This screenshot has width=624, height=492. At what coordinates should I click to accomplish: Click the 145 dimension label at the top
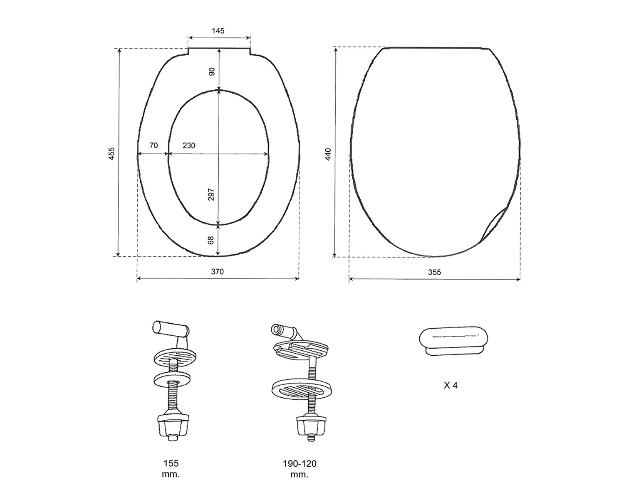218,31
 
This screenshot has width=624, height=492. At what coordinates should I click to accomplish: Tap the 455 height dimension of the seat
111,153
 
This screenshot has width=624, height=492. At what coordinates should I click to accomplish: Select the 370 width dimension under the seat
217,271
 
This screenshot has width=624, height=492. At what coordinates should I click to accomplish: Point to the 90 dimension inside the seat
212,71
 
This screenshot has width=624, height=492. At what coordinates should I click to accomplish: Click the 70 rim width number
154,145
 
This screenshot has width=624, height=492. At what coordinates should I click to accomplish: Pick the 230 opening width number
189,145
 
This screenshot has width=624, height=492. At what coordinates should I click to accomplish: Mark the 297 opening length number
211,194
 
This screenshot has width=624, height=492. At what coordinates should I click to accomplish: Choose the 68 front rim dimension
211,240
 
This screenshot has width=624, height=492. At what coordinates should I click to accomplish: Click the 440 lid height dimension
328,155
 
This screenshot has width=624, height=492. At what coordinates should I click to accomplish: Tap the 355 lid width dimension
434,272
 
